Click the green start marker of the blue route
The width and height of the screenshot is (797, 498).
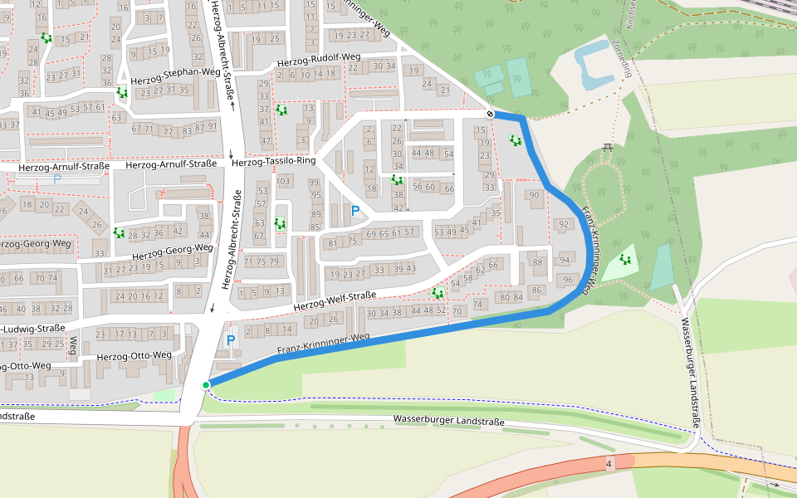pyautogui.click(x=206, y=384)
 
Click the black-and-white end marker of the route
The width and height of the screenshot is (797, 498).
pyautogui.click(x=491, y=114)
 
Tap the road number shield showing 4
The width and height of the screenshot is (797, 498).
pyautogui.click(x=609, y=463)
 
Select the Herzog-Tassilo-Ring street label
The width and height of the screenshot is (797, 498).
pyautogui.click(x=274, y=162)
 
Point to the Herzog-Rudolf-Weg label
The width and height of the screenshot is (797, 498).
pyautogui.click(x=319, y=59)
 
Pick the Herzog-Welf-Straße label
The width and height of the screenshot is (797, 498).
pyautogui.click(x=335, y=302)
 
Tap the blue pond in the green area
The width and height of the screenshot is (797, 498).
pyautogui.click(x=596, y=65)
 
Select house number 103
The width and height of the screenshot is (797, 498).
pyautogui.click(x=284, y=181)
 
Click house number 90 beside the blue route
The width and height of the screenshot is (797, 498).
pyautogui.click(x=534, y=195)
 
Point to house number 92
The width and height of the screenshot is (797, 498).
pyautogui.click(x=564, y=224)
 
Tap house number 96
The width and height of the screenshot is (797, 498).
pyautogui.click(x=568, y=280)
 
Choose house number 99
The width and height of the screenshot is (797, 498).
pyautogui.click(x=315, y=183)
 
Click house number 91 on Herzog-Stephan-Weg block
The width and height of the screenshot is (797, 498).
pyautogui.click(x=212, y=126)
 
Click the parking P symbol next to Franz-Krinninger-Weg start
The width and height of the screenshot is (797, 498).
pyautogui.click(x=231, y=340)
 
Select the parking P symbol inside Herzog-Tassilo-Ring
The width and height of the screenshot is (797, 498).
pyautogui.click(x=355, y=211)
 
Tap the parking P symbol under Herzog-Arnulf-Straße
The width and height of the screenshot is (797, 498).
pyautogui.click(x=57, y=178)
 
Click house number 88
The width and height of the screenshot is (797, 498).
pyautogui.click(x=538, y=262)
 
